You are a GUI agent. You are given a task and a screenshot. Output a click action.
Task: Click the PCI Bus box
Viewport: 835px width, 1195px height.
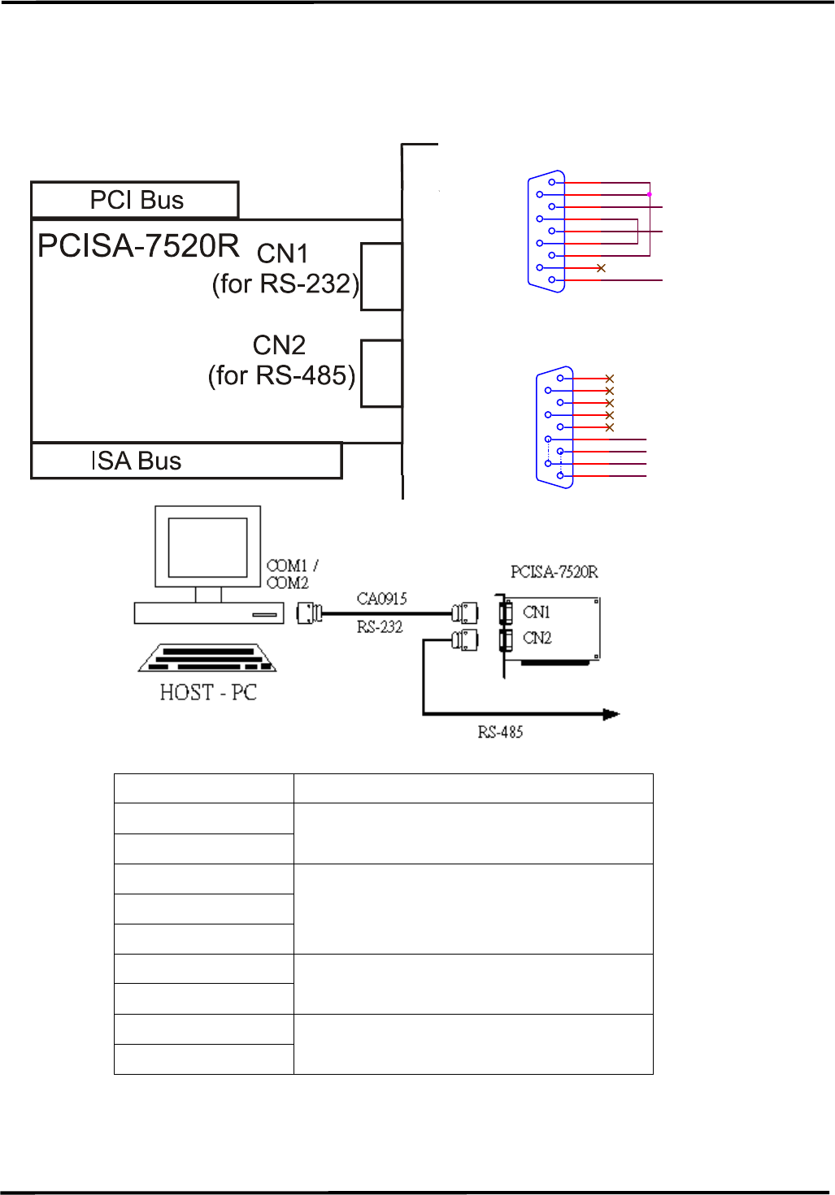pyautogui.click(x=135, y=200)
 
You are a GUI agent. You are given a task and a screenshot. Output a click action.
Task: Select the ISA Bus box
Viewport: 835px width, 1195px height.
pyautogui.click(x=186, y=461)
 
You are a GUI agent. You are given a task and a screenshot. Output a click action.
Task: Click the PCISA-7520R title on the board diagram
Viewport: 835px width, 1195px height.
pyautogui.click(x=138, y=245)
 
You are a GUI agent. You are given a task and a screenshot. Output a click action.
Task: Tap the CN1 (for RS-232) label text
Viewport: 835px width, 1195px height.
pyautogui.click(x=285, y=269)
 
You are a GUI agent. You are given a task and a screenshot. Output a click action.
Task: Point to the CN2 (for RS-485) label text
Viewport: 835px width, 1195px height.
pyautogui.click(x=281, y=360)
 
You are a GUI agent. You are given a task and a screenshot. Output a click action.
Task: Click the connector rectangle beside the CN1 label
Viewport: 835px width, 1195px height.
pyautogui.click(x=381, y=276)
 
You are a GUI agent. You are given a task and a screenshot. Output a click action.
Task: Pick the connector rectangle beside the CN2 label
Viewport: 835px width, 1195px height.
pyautogui.click(x=381, y=374)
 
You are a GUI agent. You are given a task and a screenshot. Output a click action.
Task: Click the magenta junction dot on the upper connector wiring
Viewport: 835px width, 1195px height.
pyautogui.click(x=649, y=194)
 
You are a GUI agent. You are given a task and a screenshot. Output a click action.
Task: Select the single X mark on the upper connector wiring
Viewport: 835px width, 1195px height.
pyautogui.click(x=601, y=268)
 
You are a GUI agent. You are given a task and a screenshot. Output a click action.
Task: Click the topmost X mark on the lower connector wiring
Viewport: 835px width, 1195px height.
pyautogui.click(x=610, y=379)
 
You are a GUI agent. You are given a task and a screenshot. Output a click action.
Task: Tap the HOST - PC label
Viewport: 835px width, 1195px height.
pyautogui.click(x=208, y=692)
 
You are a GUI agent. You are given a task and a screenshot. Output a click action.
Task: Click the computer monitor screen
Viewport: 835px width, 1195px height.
pyautogui.click(x=208, y=548)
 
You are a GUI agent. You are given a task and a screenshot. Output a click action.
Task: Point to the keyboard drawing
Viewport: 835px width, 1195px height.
pyautogui.click(x=208, y=658)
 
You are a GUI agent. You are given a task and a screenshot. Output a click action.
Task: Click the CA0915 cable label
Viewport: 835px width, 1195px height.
pyautogui.click(x=382, y=599)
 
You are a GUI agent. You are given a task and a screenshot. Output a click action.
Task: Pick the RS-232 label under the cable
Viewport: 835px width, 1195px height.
pyautogui.click(x=380, y=626)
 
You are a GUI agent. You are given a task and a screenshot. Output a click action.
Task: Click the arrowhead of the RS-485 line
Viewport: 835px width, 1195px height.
pyautogui.click(x=611, y=714)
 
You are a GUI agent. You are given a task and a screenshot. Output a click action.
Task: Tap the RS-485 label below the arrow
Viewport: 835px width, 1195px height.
pyautogui.click(x=500, y=732)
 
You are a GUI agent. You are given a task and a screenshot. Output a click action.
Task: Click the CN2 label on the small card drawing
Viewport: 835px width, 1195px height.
pyautogui.click(x=537, y=638)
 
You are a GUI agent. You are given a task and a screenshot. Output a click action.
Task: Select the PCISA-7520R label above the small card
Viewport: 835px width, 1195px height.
pyautogui.click(x=554, y=572)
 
